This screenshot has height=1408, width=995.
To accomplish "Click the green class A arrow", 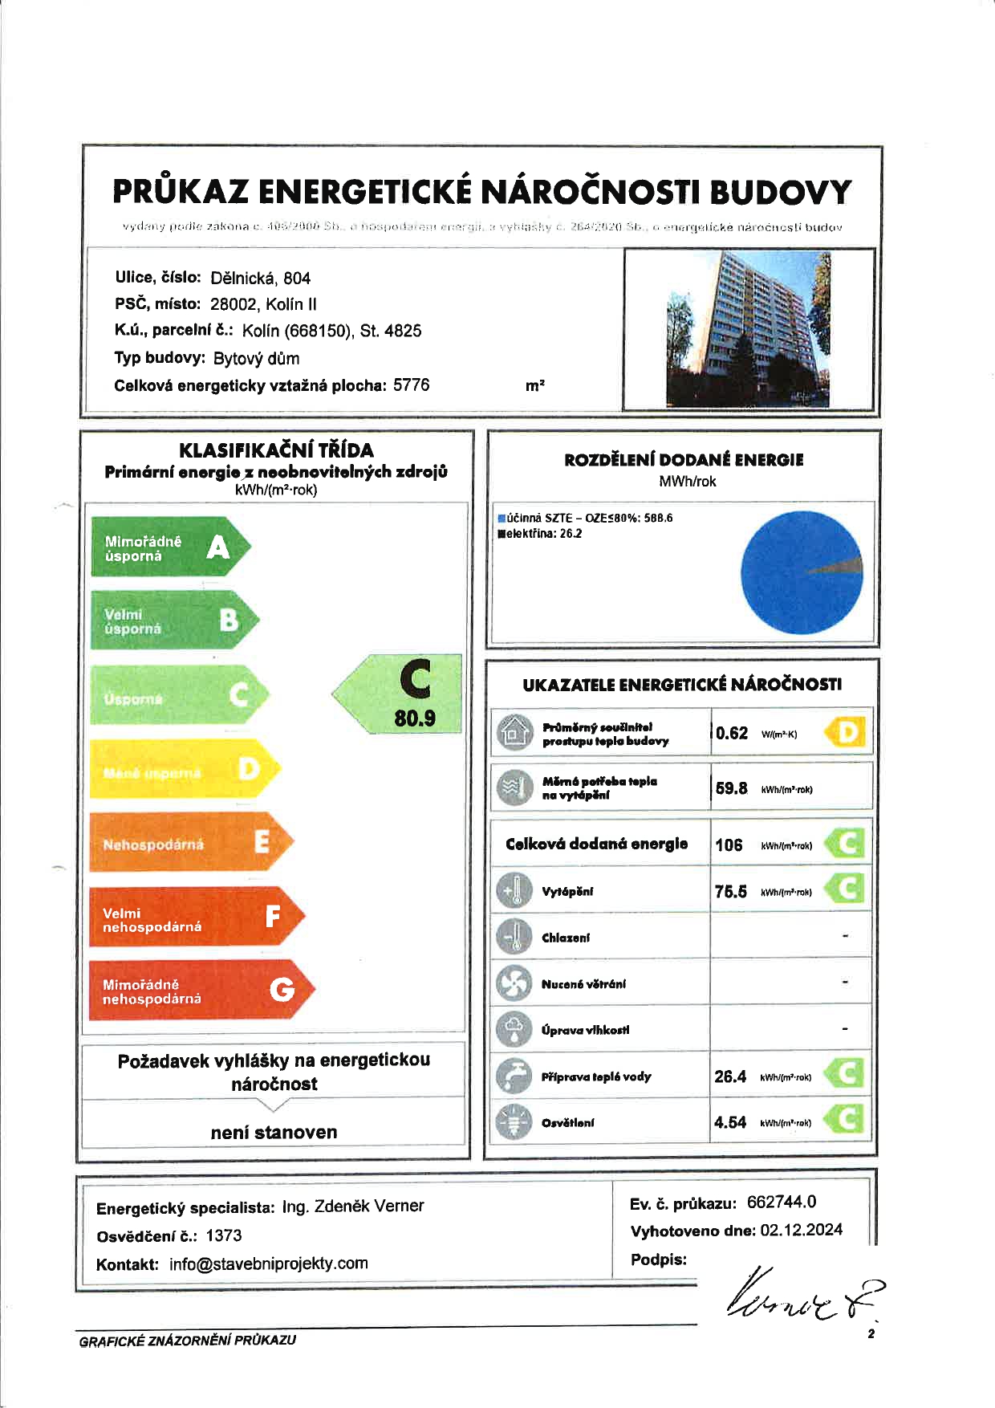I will [169, 547].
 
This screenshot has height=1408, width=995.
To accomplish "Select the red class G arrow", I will [201, 991].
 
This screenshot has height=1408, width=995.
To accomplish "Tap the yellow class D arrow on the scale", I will [184, 770].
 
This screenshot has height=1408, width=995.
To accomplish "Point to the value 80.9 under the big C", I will [415, 718].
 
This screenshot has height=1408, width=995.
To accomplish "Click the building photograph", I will [748, 329].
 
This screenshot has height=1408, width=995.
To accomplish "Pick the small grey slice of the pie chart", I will [838, 566].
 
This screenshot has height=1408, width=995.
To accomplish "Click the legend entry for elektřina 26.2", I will [540, 534].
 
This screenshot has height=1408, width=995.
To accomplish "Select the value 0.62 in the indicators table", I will [732, 733].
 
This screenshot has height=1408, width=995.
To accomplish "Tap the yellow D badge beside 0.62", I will [847, 732].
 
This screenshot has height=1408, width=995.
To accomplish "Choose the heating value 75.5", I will [731, 891].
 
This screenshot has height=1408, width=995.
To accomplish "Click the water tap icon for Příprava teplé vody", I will [514, 1076].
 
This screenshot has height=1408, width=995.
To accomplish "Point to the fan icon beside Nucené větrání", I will [514, 983].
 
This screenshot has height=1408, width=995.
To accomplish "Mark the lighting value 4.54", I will [730, 1122].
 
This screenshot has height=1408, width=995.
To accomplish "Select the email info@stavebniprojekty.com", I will [268, 1264].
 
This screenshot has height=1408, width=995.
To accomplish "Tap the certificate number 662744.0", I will [782, 1202].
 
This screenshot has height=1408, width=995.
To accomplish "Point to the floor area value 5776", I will [412, 385].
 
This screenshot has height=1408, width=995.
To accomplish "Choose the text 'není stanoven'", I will [274, 1132].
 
